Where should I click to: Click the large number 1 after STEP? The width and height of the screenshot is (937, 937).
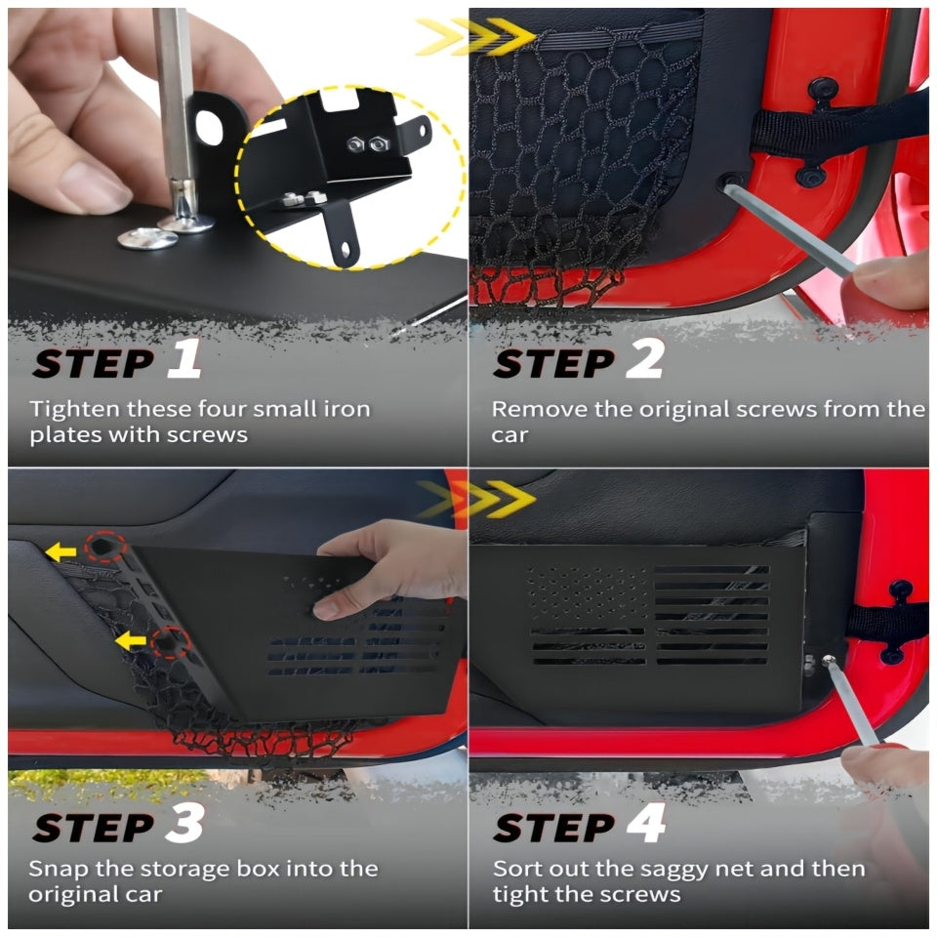tap(184, 358)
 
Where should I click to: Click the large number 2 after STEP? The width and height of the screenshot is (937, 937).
tap(645, 358)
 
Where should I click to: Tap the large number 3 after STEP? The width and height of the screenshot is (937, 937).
tap(184, 823)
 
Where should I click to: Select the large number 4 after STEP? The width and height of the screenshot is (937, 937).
tap(646, 823)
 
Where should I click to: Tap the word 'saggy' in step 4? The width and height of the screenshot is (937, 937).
tap(670, 871)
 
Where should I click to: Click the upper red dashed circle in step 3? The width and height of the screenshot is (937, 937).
tap(105, 547)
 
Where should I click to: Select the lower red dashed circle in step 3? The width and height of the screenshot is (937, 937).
tap(171, 642)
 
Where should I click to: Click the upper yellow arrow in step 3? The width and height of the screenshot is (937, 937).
tap(61, 551)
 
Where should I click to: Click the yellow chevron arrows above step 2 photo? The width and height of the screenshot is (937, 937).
tap(475, 36)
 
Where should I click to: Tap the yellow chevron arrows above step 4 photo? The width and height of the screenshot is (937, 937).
tap(475, 499)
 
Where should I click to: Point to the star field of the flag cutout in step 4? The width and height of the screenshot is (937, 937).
tap(588, 593)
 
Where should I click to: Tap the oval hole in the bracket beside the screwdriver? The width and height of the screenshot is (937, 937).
tap(209, 127)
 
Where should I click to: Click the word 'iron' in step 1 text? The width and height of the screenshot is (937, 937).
tap(347, 409)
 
